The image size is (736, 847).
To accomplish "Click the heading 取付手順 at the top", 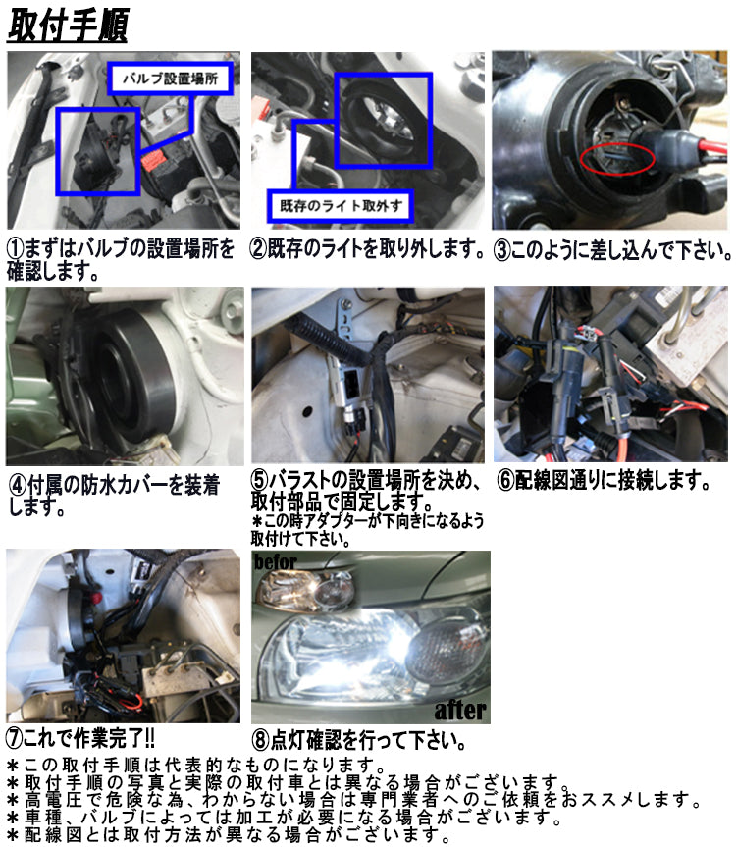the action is (68, 26).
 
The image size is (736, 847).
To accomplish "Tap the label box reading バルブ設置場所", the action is (170, 79).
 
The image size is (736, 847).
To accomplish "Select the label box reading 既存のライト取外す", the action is (341, 206).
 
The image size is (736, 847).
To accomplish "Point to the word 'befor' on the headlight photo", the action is (276, 561).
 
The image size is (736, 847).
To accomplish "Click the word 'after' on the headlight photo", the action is (460, 710).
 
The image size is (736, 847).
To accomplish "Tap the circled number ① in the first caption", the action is (15, 249).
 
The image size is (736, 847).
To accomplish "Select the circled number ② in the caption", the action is (259, 249).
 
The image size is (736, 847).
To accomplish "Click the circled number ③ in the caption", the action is (502, 250).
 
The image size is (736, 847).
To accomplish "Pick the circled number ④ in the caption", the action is (19, 485).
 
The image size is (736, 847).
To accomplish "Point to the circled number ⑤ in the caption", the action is (260, 480).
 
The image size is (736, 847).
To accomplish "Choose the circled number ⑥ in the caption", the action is (506, 480).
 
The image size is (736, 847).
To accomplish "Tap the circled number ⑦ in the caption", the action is (15, 737).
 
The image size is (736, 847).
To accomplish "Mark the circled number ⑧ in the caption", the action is (261, 740).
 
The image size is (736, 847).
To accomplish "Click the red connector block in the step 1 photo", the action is (154, 160).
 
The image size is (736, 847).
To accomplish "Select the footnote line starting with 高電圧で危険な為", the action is (353, 800).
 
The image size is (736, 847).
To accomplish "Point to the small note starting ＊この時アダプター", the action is (367, 530).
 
